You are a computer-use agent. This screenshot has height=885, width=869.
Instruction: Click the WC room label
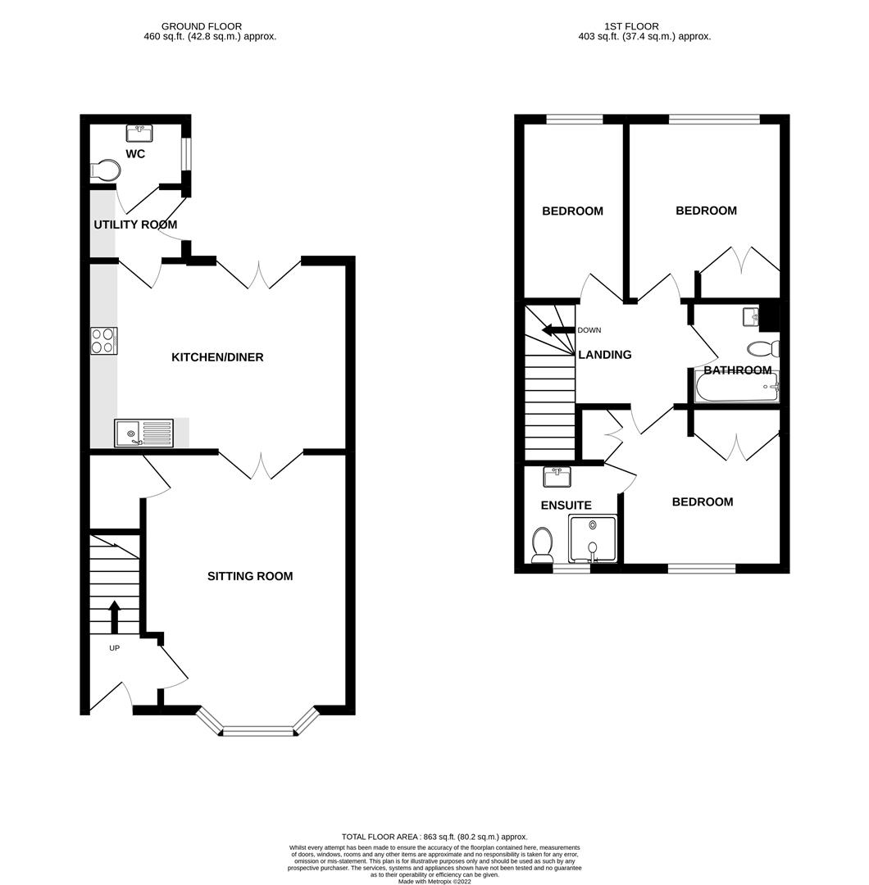point(135,154)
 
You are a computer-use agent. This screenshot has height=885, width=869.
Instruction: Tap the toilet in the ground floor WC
point(106,170)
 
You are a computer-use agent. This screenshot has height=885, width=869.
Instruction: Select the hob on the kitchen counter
point(103,340)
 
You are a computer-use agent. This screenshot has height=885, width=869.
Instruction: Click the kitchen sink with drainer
point(144,433)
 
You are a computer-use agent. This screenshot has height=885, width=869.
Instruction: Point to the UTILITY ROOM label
point(135,225)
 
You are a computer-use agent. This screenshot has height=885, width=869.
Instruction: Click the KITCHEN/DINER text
point(217,357)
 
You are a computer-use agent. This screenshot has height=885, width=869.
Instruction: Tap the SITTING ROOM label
point(249,576)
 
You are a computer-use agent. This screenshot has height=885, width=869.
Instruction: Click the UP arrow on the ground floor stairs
point(114,617)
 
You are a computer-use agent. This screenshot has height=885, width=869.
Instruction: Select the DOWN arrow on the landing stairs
point(558,330)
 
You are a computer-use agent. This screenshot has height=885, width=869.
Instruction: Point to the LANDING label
point(605,355)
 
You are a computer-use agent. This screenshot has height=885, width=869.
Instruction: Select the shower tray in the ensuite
point(593,538)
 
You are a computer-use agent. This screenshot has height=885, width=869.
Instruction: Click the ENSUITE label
point(566,506)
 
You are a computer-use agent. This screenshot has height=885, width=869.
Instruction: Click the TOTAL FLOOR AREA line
point(434,835)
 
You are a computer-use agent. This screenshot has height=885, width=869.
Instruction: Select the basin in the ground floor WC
point(141,132)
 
